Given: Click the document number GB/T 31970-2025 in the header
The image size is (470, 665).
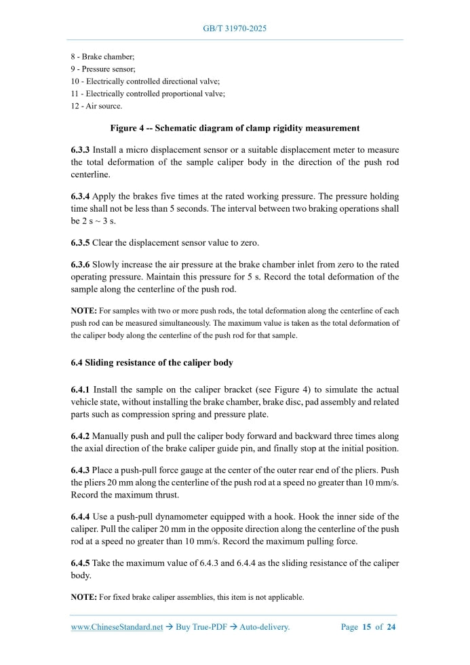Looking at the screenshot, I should pos(235,29).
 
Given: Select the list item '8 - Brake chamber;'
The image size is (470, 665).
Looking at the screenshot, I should pos(102,57).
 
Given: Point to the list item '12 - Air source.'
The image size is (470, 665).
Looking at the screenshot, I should pos(97,107).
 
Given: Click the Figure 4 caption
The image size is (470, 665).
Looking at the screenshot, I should pos(235,128).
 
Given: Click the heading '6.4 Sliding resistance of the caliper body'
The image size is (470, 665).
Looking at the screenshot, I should pos(152,362).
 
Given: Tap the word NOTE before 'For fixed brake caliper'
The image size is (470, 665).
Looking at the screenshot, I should pos(83,597).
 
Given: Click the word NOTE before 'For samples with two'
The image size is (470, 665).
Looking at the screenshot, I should pos(83,310).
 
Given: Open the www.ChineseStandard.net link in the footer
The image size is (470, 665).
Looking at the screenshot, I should pos(117,627).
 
